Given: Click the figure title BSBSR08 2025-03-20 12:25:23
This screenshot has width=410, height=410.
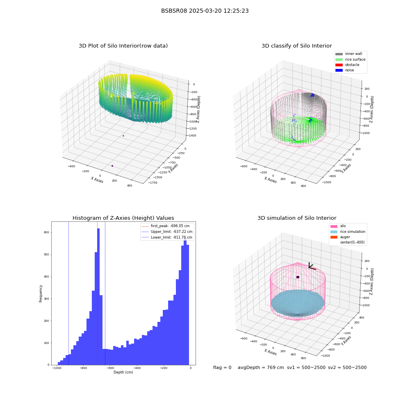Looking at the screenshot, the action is click(x=205, y=11).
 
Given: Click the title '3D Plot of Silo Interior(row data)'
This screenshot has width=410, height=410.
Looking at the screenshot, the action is click(x=123, y=46).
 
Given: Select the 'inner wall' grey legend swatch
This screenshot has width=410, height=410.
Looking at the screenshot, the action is click(x=339, y=54).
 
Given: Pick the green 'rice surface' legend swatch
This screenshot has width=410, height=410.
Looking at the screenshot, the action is click(x=339, y=59).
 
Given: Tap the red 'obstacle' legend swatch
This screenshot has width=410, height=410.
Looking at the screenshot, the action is click(x=339, y=65).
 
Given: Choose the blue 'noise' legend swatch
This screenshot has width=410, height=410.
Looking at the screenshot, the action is click(x=339, y=70).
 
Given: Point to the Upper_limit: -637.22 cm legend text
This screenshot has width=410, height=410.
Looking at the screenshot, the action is click(x=171, y=232).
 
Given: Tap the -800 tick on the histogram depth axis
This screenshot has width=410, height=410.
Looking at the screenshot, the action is click(x=83, y=368).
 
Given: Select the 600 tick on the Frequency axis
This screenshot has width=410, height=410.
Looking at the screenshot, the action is click(x=46, y=232).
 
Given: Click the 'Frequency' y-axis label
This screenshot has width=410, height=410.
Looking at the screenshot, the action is click(x=41, y=294).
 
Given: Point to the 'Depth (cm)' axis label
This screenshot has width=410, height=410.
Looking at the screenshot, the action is click(x=123, y=372).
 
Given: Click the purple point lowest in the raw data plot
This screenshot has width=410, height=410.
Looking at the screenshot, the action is click(x=112, y=166).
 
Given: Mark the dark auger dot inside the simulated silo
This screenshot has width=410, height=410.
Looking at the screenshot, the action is click(x=298, y=277).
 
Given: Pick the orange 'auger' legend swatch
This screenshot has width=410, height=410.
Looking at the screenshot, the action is click(x=334, y=237).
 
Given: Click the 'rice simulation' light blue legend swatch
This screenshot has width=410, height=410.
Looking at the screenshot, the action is click(x=334, y=232).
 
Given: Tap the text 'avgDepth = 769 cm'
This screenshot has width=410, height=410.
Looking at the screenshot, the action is click(x=261, y=367).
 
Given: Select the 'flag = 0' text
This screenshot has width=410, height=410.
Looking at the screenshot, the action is click(x=222, y=367).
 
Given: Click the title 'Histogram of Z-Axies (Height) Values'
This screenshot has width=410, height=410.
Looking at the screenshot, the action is click(x=123, y=218).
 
